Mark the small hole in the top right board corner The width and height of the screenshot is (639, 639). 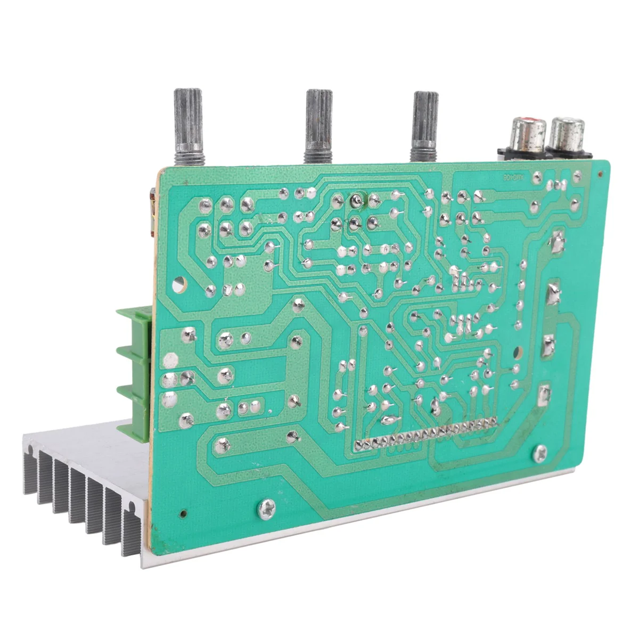point(601,174)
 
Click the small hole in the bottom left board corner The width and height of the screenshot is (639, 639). point(184,514)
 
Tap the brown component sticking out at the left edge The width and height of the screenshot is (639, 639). point(151,213)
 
